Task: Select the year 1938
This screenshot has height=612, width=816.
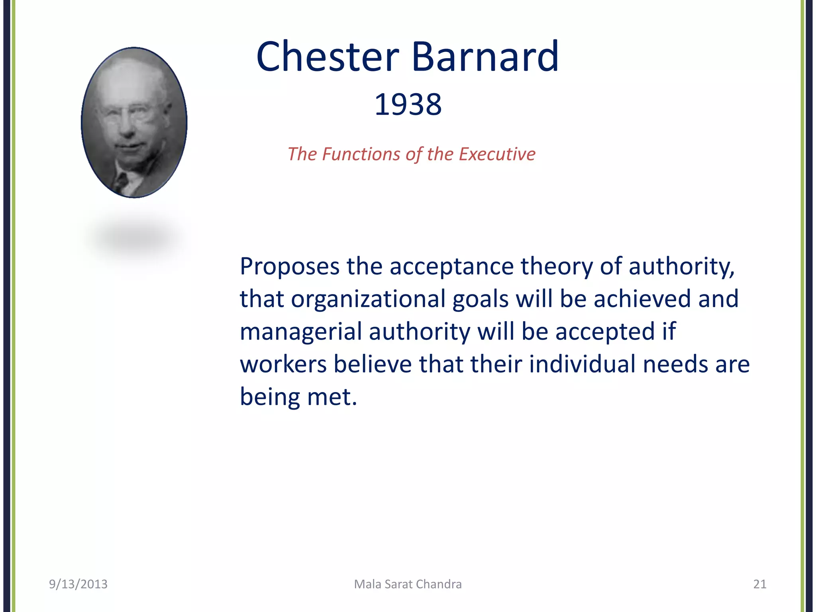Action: [x=408, y=104]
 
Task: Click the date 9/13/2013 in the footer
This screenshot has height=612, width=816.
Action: [x=78, y=584]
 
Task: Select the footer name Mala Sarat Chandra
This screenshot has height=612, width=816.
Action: [x=408, y=584]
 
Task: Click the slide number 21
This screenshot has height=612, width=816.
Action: [x=759, y=584]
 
